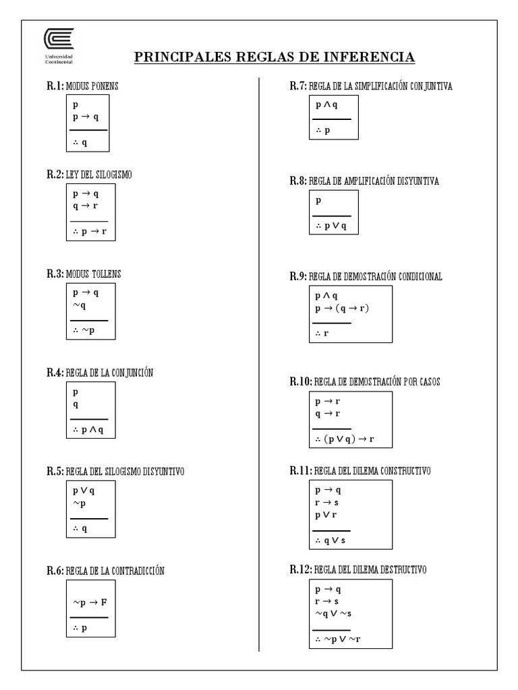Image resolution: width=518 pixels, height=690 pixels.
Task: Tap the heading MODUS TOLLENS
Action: (94, 274)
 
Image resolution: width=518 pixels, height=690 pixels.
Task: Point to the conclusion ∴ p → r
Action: (90, 232)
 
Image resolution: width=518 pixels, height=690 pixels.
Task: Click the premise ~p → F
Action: (90, 602)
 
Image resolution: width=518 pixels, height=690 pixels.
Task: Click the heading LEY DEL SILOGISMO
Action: (99, 175)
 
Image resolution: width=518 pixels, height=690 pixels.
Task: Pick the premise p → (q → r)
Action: (343, 308)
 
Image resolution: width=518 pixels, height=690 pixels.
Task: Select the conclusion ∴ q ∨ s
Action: (330, 540)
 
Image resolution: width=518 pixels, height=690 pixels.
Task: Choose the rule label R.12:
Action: (300, 570)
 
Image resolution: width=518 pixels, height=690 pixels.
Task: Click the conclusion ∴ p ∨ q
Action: (330, 226)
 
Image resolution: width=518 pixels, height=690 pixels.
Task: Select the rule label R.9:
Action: (297, 276)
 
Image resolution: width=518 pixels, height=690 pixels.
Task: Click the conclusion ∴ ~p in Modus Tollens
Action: (85, 330)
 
